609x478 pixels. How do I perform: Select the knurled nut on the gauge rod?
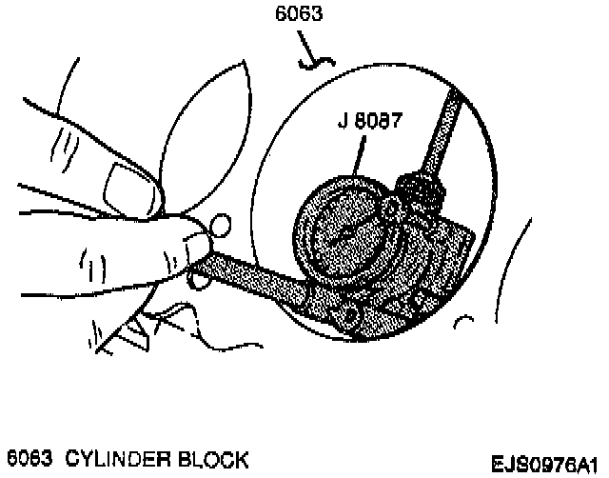(x=422, y=190)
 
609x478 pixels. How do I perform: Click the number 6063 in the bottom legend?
(x=30, y=461)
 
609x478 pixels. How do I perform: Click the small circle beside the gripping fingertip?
(x=218, y=227)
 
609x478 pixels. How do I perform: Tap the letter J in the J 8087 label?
(x=341, y=121)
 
